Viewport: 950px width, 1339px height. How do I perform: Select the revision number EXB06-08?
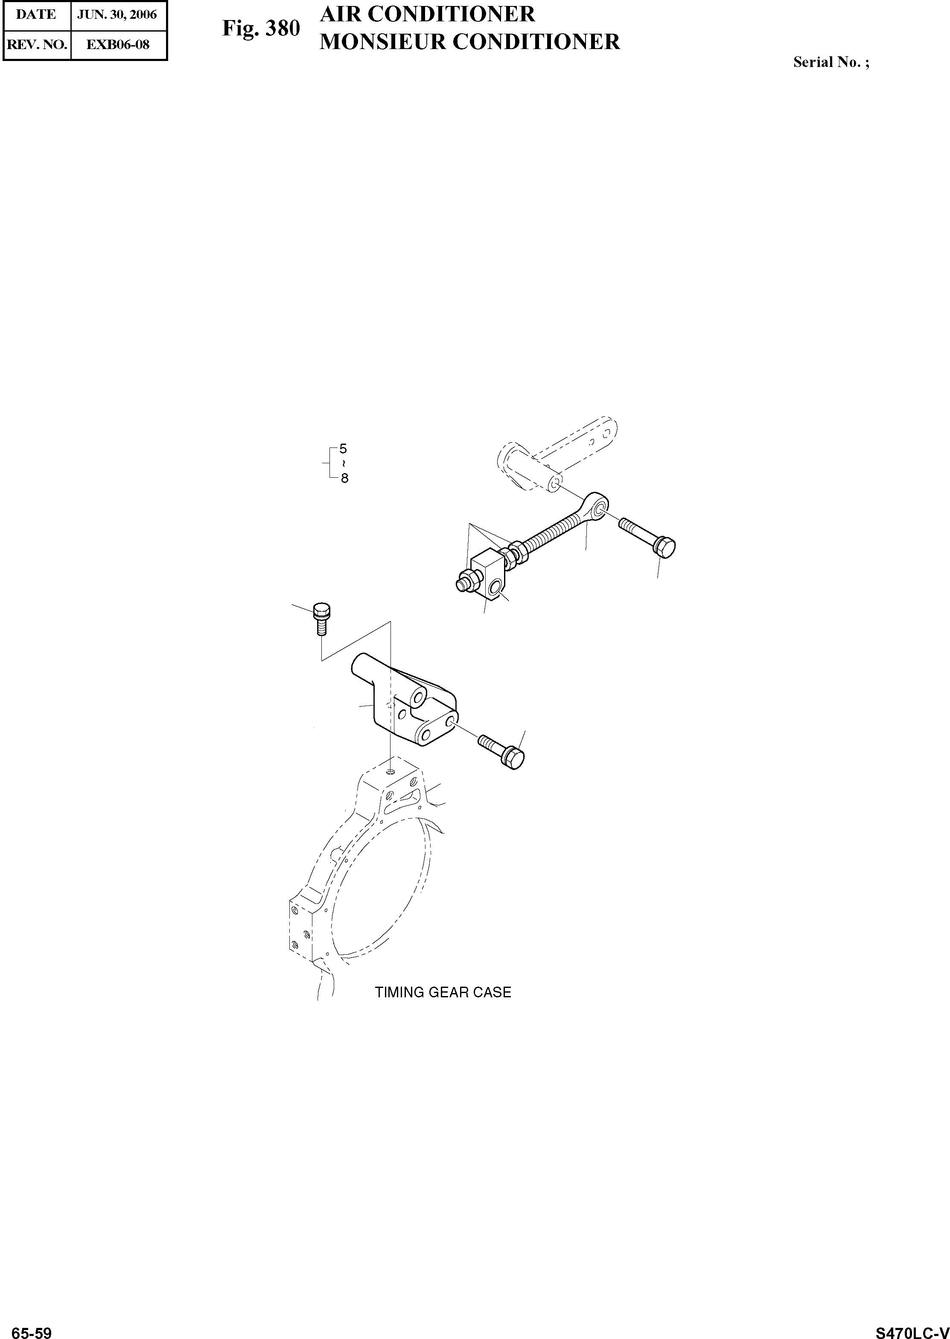tap(118, 44)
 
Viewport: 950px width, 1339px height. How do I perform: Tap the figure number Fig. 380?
tap(261, 28)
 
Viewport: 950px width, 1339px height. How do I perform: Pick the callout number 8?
tap(344, 478)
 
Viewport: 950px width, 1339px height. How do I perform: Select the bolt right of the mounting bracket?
tap(503, 752)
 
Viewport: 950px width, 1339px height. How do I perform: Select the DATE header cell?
tap(36, 15)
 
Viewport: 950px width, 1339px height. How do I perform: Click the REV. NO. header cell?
tap(36, 44)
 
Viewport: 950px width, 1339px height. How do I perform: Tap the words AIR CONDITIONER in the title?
tap(427, 14)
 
